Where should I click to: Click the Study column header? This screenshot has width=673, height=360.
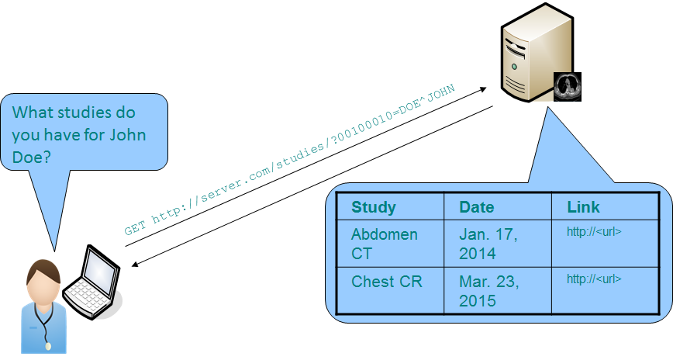(373, 207)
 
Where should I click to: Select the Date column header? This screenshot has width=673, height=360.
(476, 207)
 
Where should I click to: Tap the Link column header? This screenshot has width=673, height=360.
(583, 207)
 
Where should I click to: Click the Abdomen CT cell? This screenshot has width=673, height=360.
(384, 244)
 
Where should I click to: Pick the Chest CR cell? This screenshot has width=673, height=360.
(387, 282)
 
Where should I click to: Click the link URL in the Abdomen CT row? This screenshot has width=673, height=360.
(594, 231)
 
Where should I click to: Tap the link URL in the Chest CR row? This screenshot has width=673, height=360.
(594, 279)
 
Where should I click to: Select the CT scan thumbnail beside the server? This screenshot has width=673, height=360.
(568, 85)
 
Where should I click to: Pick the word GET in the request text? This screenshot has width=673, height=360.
(134, 229)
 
